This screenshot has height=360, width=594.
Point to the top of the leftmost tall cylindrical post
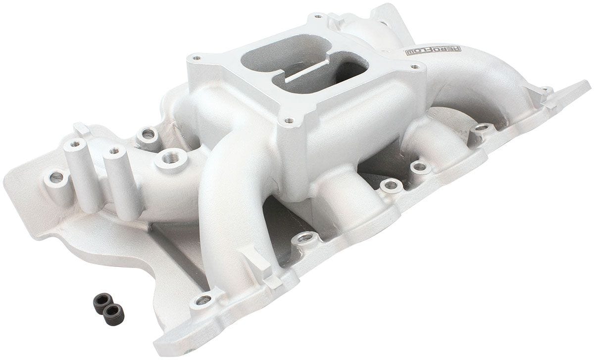tap(75, 144)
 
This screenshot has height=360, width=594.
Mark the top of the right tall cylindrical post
tap(114, 150)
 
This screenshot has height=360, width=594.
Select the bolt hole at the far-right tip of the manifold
tap(546, 91)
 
